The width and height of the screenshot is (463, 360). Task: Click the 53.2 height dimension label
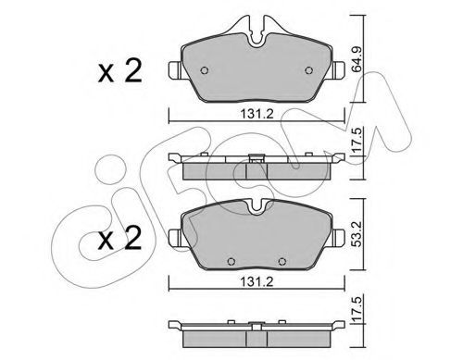click(x=357, y=234)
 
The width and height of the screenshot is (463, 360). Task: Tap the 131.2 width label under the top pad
click(x=257, y=114)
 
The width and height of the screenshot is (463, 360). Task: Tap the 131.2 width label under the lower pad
click(x=257, y=281)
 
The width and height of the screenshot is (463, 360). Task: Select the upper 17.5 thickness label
click(x=357, y=141)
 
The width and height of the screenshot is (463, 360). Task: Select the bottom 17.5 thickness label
click(x=357, y=309)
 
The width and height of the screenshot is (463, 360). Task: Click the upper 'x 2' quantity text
click(x=119, y=71)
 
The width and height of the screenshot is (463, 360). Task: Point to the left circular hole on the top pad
click(x=205, y=70)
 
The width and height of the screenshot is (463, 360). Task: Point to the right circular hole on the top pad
click(x=308, y=70)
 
